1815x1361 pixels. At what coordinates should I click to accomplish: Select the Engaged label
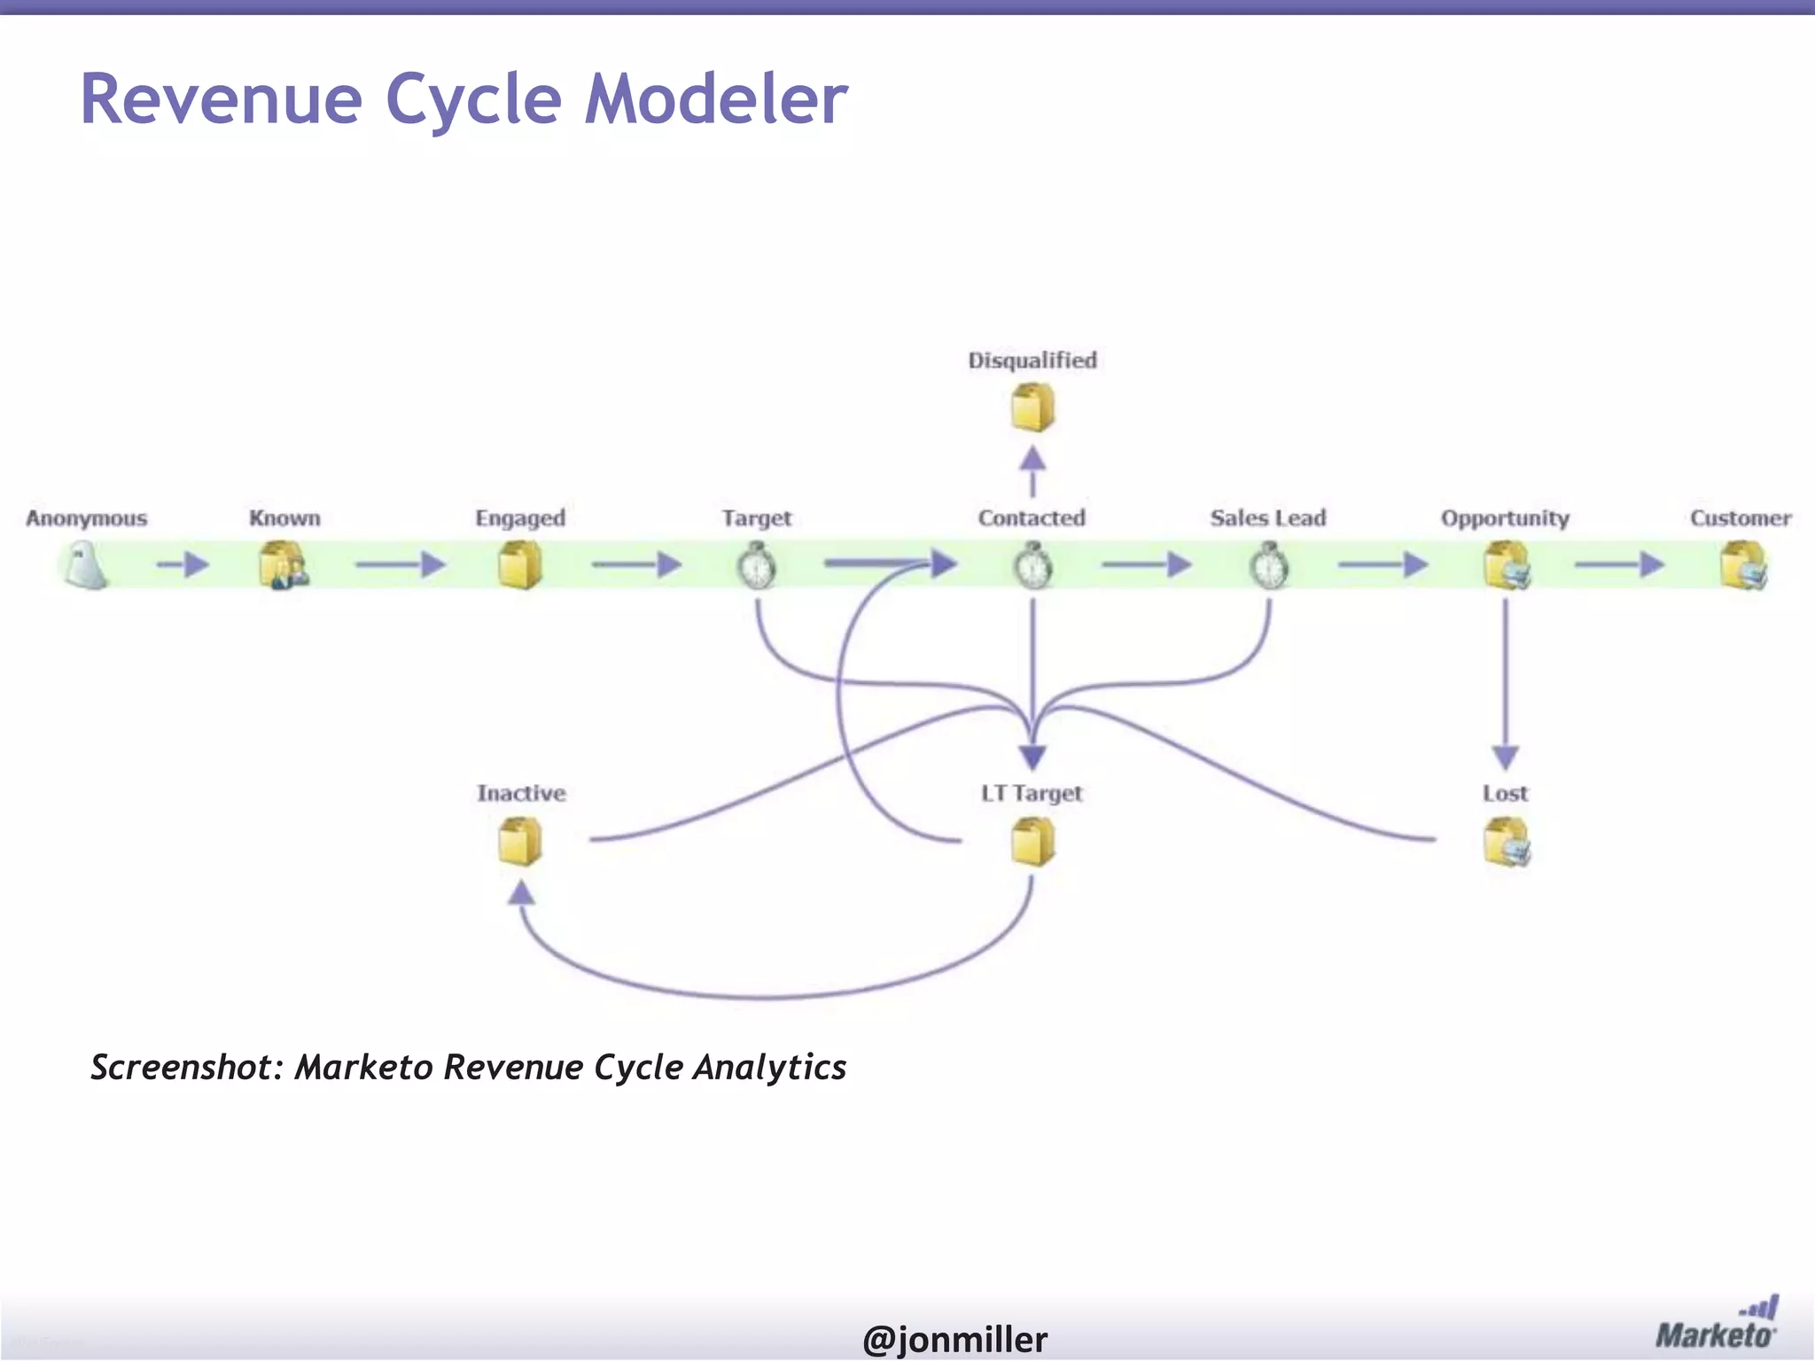pyautogui.click(x=519, y=518)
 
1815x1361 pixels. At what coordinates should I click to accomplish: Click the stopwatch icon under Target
pyautogui.click(x=757, y=567)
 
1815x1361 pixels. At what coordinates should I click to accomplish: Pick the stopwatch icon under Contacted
pyautogui.click(x=1033, y=567)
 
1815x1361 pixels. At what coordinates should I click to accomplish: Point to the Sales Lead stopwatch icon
pyautogui.click(x=1269, y=567)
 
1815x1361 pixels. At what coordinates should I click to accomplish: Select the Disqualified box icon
pyautogui.click(x=1032, y=408)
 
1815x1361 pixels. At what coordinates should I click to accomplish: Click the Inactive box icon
pyautogui.click(x=520, y=841)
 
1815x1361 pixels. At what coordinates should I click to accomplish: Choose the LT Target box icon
pyautogui.click(x=1032, y=841)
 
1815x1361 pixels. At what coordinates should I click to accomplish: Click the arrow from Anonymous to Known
pyautogui.click(x=183, y=564)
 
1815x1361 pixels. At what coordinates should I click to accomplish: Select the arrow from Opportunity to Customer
pyautogui.click(x=1619, y=564)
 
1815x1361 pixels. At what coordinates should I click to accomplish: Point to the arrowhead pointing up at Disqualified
pyautogui.click(x=1032, y=458)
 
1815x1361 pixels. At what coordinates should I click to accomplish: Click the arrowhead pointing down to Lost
pyautogui.click(x=1506, y=758)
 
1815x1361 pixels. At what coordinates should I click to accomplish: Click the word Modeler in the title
pyautogui.click(x=716, y=99)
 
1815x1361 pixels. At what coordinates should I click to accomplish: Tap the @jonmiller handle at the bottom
pyautogui.click(x=954, y=1339)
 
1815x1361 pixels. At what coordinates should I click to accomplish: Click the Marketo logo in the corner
pyautogui.click(x=1716, y=1324)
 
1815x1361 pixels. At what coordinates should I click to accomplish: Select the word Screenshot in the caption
pyautogui.click(x=186, y=1068)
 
